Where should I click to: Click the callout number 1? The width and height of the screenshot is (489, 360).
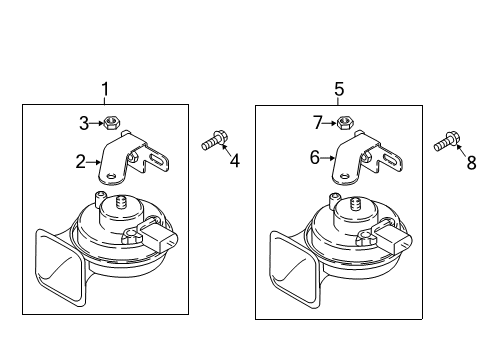105,89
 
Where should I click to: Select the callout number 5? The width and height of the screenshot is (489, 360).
339,89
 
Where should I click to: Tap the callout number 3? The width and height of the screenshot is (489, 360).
84,123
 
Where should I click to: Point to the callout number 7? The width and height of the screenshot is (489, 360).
318,123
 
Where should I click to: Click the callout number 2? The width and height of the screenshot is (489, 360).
81,162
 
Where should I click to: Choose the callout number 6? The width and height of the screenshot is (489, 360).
315,157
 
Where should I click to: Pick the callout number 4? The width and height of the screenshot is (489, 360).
235,161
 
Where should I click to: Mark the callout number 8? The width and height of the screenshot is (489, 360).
471,163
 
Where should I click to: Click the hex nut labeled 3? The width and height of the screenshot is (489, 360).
112,123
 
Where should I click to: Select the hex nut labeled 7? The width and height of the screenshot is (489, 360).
345,123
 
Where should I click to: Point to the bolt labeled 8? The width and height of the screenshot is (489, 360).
447,141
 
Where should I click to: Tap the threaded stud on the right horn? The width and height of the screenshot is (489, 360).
356,204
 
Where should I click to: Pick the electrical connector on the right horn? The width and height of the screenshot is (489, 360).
393,237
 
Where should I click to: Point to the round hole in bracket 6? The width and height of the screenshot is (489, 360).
344,175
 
